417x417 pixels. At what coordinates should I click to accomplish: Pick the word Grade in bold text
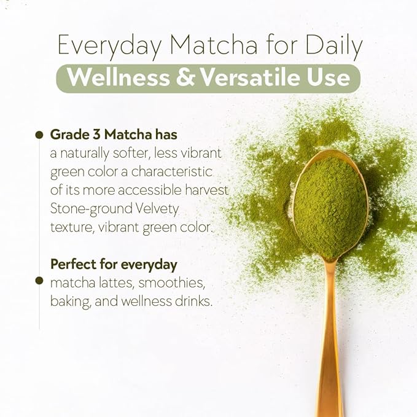(x=67, y=134)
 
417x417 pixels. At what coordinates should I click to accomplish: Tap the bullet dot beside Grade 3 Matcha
(x=39, y=134)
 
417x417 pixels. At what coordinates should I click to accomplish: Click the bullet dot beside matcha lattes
(x=39, y=281)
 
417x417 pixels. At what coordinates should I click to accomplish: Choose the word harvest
(x=206, y=190)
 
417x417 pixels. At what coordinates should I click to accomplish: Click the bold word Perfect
(x=72, y=265)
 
